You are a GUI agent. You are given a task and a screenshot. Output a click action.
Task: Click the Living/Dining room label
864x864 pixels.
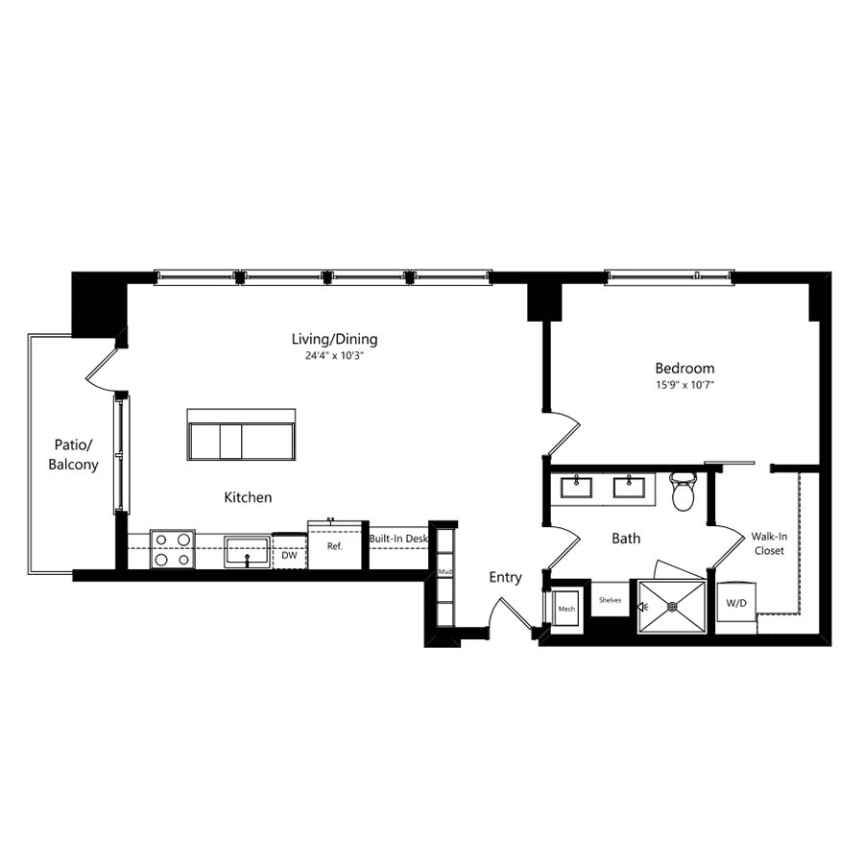coord(334,339)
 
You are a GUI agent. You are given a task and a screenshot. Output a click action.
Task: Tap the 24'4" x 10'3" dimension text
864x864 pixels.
coord(335,356)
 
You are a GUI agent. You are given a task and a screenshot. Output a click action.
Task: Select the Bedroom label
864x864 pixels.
coord(684,368)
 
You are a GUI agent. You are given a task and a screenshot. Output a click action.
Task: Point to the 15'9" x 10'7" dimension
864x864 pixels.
coord(684,385)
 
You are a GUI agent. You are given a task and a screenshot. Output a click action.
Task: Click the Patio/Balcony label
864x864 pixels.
coord(73,455)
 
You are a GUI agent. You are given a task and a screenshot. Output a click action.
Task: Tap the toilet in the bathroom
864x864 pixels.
coord(684,491)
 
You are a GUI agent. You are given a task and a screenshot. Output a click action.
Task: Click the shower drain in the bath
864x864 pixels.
coord(672,607)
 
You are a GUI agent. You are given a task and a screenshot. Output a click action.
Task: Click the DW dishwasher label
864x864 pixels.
coord(289,556)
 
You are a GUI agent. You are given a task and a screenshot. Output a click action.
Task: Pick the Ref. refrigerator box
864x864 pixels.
coord(334,545)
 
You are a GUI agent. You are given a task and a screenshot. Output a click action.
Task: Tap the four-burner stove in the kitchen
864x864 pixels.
coord(173,549)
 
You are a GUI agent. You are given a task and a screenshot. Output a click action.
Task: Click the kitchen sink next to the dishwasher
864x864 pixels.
coord(248,552)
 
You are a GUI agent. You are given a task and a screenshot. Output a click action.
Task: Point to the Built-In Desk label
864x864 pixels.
coord(398,539)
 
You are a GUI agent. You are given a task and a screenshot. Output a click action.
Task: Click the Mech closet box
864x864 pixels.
coord(565,608)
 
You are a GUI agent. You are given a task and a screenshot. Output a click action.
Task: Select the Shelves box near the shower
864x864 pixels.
coord(610,599)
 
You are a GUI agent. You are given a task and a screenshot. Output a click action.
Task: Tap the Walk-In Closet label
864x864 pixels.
coord(769,543)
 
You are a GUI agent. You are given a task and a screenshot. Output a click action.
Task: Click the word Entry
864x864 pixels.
coord(505,578)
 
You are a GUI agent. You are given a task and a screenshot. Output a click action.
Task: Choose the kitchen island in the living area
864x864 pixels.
coord(241,434)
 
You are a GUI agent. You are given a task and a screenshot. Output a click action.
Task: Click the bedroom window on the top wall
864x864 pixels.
coord(669,277)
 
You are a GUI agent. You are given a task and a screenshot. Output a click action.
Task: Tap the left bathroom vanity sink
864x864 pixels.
coord(576,488)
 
